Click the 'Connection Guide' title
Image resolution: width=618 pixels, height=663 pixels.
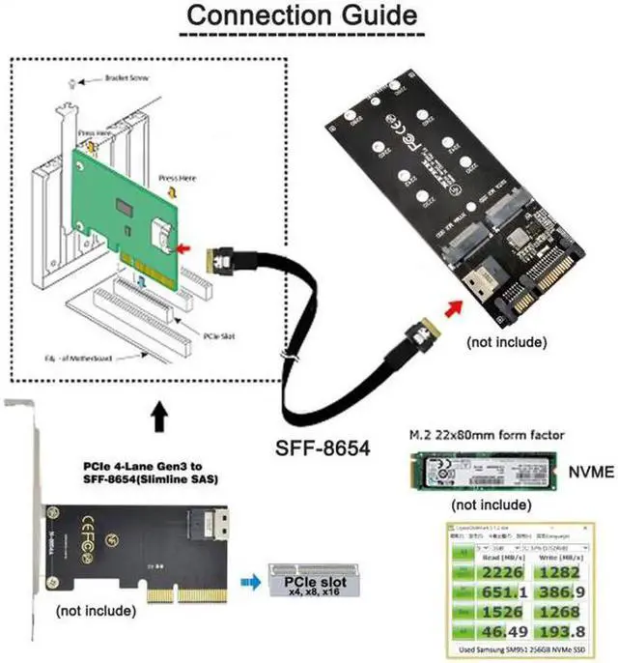(301, 17)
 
